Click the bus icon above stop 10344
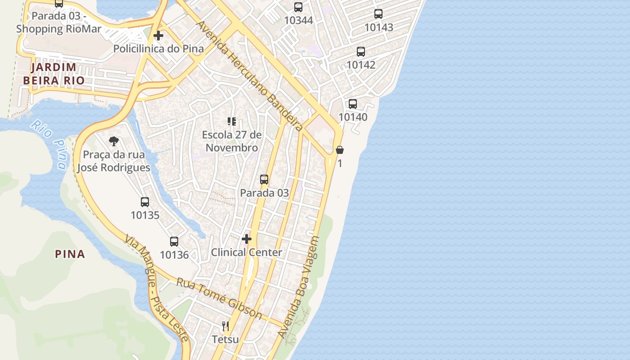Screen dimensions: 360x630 298,7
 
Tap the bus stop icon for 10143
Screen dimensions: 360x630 378,14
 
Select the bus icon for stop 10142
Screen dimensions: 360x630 361,51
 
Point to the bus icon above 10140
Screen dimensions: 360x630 353,104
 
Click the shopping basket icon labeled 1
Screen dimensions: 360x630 340,150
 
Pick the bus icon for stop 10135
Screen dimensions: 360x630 145,202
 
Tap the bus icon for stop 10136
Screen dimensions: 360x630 174,242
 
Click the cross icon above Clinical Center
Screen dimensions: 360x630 247,239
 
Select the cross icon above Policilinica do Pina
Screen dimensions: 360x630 158,36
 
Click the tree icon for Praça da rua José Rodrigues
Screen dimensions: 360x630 114,142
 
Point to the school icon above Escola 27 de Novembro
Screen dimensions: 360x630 232,121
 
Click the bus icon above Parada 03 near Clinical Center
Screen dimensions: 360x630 264,180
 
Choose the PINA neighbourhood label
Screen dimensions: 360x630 70,254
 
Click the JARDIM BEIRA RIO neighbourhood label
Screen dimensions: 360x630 57,74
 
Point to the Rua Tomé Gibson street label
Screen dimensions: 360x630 219,298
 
